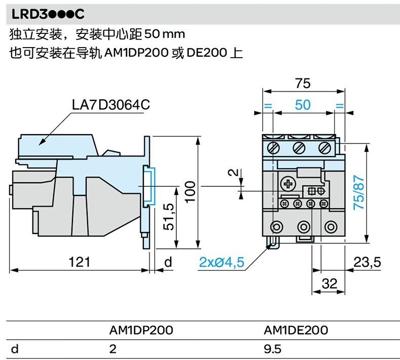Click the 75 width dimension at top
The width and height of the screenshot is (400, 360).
point(303,83)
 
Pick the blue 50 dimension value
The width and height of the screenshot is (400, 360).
point(303,105)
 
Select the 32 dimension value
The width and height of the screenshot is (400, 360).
point(330,284)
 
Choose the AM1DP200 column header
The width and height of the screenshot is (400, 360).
point(141,330)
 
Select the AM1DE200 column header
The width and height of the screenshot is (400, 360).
point(296,330)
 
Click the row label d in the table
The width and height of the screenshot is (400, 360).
point(14,348)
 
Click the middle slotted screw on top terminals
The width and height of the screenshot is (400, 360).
point(299,148)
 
